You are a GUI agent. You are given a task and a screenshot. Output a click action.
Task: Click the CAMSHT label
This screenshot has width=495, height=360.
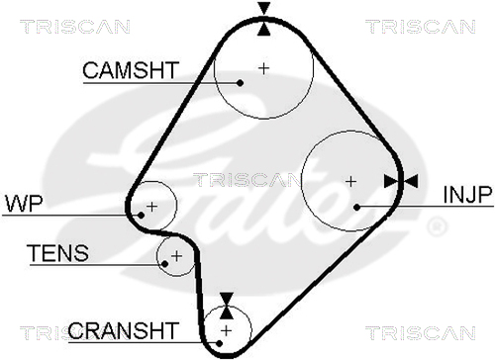click(x=131, y=70)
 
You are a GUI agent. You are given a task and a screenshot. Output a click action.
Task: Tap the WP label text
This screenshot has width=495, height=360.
click(x=24, y=204)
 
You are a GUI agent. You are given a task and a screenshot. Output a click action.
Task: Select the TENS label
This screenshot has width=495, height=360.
click(x=59, y=253)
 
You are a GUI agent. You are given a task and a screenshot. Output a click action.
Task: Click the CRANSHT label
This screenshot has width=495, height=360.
click(x=124, y=330)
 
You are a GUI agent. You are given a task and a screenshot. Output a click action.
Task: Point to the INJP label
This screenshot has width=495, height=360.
click(x=468, y=195)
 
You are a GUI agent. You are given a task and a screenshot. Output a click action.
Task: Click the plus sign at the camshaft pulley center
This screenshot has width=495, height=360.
click(x=263, y=68)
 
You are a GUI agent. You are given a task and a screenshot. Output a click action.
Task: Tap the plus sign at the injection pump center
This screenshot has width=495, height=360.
click(x=350, y=182)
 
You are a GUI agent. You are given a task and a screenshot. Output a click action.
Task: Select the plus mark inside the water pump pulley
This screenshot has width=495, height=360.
click(x=152, y=207)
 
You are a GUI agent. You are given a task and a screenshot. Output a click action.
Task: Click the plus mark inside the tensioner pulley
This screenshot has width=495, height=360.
click(x=177, y=256)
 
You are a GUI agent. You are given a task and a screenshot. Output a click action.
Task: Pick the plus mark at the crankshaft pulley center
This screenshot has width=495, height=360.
click(x=227, y=330)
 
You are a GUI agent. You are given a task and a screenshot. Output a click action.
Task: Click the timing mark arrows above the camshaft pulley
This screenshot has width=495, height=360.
click(x=264, y=19)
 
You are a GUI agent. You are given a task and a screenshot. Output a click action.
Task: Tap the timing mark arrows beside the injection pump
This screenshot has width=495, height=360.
click(x=401, y=182)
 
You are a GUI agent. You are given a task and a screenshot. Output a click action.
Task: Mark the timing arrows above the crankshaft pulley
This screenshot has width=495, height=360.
click(x=227, y=306)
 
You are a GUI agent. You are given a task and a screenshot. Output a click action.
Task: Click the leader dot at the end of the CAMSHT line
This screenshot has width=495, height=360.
click(x=241, y=83)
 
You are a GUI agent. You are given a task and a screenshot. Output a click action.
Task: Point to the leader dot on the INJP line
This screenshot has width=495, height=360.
click(x=356, y=207)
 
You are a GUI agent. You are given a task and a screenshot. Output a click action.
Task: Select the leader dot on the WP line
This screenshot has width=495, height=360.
click(x=141, y=216)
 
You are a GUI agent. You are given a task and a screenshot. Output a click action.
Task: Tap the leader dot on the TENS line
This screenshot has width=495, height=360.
click(x=165, y=264)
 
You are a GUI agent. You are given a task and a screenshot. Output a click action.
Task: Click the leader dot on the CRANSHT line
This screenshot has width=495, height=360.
click(x=219, y=343)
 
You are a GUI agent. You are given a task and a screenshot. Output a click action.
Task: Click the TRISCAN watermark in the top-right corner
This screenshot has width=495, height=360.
click(x=421, y=27)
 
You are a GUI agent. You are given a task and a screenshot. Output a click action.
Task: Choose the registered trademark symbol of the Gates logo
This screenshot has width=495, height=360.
click(x=437, y=226)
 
